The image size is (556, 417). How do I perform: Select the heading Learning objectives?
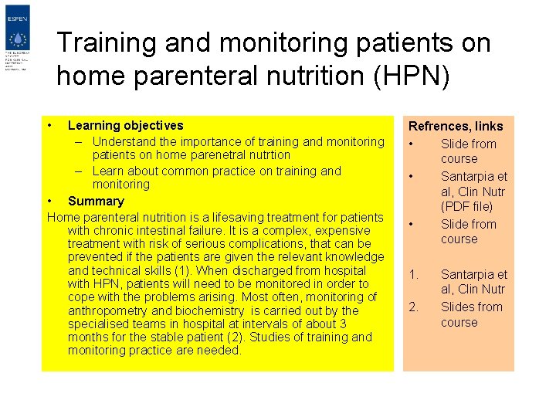click(x=126, y=125)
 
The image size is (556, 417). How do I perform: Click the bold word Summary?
click(x=96, y=201)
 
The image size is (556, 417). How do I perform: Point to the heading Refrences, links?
click(x=456, y=126)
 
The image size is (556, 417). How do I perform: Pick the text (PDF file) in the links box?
click(x=466, y=206)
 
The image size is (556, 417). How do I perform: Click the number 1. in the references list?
click(x=414, y=274)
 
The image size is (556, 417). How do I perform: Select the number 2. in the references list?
click(x=414, y=307)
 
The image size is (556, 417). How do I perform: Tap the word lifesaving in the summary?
click(x=251, y=217)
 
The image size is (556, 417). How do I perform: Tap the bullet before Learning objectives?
click(x=49, y=125)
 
